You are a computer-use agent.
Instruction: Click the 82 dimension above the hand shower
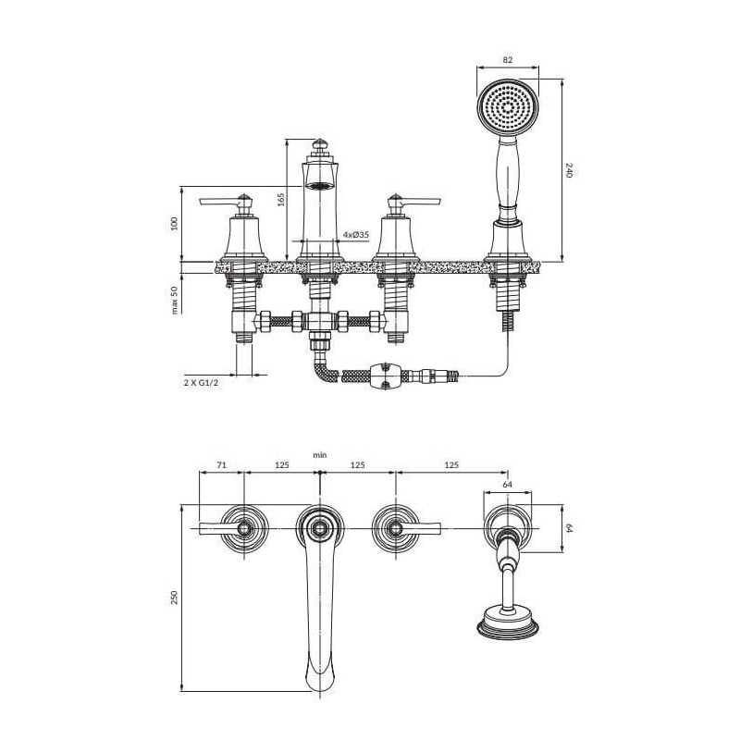[508, 60]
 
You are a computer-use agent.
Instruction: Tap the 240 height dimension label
[568, 170]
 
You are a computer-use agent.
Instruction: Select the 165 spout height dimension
[281, 199]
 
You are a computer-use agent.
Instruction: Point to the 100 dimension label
[175, 223]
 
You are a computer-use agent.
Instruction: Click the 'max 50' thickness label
[175, 300]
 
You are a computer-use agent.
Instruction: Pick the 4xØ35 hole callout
[356, 235]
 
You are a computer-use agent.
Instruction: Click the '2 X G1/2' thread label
[201, 383]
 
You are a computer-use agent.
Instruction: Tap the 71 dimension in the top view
[221, 465]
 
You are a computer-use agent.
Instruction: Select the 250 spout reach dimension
[175, 598]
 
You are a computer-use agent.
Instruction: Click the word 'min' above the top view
[319, 455]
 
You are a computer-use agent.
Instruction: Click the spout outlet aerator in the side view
[319, 186]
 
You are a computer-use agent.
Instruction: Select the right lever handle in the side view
[419, 202]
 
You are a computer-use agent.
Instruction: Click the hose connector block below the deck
[386, 376]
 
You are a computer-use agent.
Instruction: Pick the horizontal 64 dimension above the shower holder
[507, 485]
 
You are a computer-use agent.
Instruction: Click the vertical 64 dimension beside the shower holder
[568, 528]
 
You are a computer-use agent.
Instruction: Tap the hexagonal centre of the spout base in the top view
[320, 528]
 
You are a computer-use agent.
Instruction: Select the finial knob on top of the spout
[320, 144]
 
